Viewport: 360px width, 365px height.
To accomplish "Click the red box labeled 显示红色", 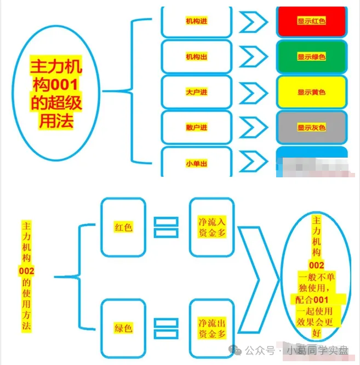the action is coord(311,21).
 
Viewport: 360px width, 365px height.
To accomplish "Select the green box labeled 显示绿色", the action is coord(311,56).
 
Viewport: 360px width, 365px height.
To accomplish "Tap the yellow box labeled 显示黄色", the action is coord(311,92).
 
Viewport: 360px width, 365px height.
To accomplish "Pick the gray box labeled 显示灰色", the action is coord(311,128).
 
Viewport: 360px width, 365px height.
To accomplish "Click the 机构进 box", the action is coord(197,21).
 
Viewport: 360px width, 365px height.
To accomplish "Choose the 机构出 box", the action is coord(197,56).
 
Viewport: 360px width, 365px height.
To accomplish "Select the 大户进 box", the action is coord(197,92).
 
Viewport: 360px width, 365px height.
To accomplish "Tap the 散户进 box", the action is coord(197,128).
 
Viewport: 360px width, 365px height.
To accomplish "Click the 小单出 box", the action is coord(197,163).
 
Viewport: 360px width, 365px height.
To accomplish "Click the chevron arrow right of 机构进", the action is coord(253,22).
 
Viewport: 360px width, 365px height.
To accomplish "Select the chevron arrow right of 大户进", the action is coord(253,92).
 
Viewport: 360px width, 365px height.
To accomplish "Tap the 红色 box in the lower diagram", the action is coord(123,227).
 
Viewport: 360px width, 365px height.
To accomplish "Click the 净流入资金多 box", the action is coord(212,227).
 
